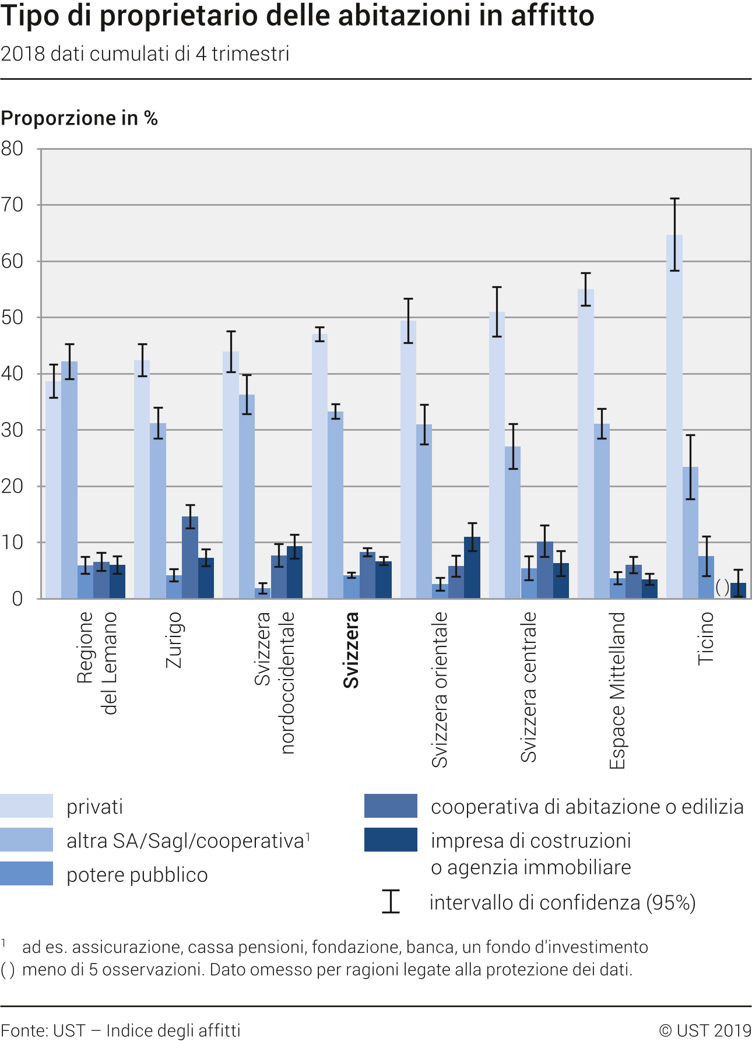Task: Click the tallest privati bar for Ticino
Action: (x=674, y=416)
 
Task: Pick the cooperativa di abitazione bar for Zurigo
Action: (x=190, y=557)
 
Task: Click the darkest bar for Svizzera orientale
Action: (x=472, y=568)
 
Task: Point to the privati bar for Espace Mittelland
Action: (x=585, y=443)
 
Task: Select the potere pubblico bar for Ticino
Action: (x=706, y=577)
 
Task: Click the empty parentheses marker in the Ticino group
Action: (x=722, y=587)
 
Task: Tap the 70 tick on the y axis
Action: (x=13, y=205)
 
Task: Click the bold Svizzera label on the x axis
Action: (x=351, y=650)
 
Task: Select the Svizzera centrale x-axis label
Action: (x=528, y=687)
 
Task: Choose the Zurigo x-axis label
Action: (x=174, y=639)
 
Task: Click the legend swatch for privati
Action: (x=26, y=806)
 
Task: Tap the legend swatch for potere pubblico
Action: (x=26, y=873)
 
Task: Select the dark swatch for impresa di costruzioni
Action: (x=391, y=839)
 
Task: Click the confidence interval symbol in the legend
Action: (x=391, y=901)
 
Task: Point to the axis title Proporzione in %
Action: (x=79, y=118)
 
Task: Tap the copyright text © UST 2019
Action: (x=705, y=1031)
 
